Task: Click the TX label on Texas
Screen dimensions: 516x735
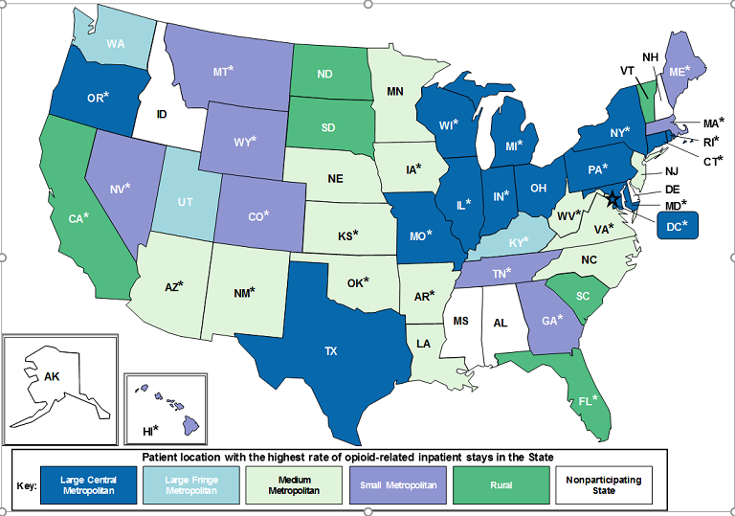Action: click(x=331, y=351)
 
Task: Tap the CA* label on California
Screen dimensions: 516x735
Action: click(x=78, y=218)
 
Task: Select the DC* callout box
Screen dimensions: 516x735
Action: click(x=678, y=226)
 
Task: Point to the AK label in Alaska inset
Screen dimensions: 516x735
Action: click(x=50, y=377)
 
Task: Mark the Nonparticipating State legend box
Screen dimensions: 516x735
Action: click(x=602, y=484)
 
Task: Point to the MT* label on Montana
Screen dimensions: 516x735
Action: click(x=223, y=71)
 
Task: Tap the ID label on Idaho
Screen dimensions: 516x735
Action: click(x=162, y=116)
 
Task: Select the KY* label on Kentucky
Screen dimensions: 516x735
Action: click(x=518, y=242)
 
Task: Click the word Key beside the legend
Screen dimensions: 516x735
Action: click(x=27, y=485)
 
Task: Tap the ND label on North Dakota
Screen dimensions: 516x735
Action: click(x=326, y=73)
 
